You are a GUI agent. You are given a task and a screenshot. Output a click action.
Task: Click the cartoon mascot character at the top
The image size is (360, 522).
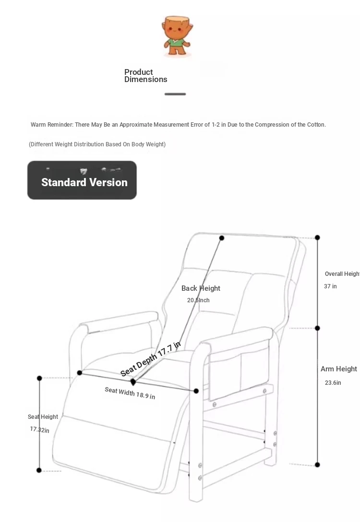pos(177,36)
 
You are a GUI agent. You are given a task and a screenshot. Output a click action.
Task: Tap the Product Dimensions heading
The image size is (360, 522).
pos(145,76)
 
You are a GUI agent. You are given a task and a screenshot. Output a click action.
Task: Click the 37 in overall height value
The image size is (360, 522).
pos(330,286)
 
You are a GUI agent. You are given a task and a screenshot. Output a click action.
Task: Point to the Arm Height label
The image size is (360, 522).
pos(339,369)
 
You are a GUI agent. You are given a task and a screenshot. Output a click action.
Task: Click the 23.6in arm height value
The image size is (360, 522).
pos(333,383)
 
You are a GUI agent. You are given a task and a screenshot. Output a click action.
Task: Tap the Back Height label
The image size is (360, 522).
pos(201,288)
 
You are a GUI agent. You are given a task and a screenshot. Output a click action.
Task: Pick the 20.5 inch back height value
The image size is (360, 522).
pos(198,300)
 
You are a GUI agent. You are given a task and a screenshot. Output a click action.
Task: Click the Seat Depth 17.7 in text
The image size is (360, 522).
pos(150,359)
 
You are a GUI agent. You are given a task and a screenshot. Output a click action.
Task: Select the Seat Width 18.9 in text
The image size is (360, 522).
pos(130,393)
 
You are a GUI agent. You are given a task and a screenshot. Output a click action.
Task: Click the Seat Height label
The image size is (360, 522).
pos(43,417)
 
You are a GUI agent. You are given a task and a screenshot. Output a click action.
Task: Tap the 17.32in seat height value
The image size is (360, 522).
pos(40,429)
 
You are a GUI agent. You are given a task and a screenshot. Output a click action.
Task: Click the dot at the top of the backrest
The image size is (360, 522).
pos(222,238)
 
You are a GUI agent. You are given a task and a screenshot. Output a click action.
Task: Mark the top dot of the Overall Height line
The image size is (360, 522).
pos(317,237)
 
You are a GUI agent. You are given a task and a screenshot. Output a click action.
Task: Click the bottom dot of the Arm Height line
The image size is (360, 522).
pos(317,464)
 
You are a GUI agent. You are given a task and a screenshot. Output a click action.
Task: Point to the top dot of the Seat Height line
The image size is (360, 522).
pos(39,379)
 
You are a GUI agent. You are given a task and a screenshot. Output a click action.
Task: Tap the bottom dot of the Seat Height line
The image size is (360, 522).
pos(39,470)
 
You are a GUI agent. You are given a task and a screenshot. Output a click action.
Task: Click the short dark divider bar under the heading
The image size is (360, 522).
pos(175,94)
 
